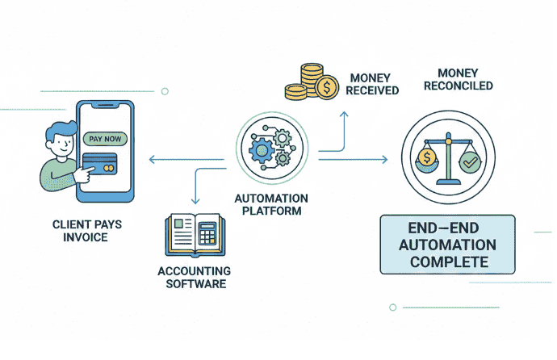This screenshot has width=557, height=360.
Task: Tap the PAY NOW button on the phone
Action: click(x=105, y=139)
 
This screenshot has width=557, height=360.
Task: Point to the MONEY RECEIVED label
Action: click(x=374, y=84)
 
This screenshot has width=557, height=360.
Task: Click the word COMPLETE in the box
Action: click(x=449, y=262)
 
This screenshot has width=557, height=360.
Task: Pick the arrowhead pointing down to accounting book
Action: click(x=194, y=202)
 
